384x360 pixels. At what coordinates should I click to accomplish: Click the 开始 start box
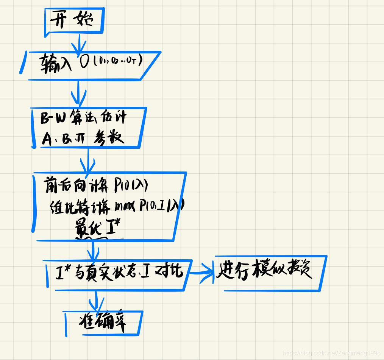73,20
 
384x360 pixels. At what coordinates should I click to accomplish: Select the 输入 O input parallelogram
91,66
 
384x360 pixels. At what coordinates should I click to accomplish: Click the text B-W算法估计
83,118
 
